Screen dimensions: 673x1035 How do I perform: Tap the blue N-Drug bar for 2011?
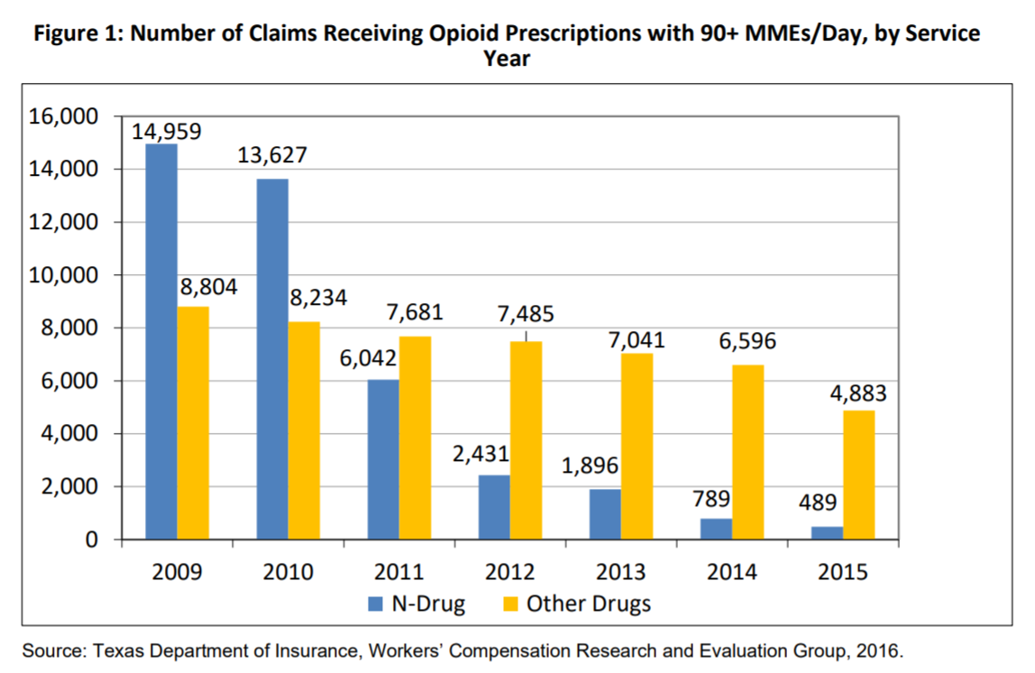(383, 459)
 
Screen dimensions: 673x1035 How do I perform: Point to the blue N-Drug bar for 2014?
(716, 529)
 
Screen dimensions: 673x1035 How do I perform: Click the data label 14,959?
(167, 131)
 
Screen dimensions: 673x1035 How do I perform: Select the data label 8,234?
(316, 298)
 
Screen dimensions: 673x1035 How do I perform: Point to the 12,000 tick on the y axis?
(66, 223)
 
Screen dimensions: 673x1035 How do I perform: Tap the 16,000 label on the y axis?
(66, 117)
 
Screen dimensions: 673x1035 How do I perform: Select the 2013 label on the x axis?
(621, 572)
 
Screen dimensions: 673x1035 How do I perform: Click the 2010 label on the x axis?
(289, 572)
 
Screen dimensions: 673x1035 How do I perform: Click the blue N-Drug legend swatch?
(375, 604)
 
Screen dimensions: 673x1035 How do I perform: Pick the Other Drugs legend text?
(588, 604)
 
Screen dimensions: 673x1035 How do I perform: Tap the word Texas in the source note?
(116, 650)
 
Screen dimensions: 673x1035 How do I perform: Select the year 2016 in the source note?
(879, 650)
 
